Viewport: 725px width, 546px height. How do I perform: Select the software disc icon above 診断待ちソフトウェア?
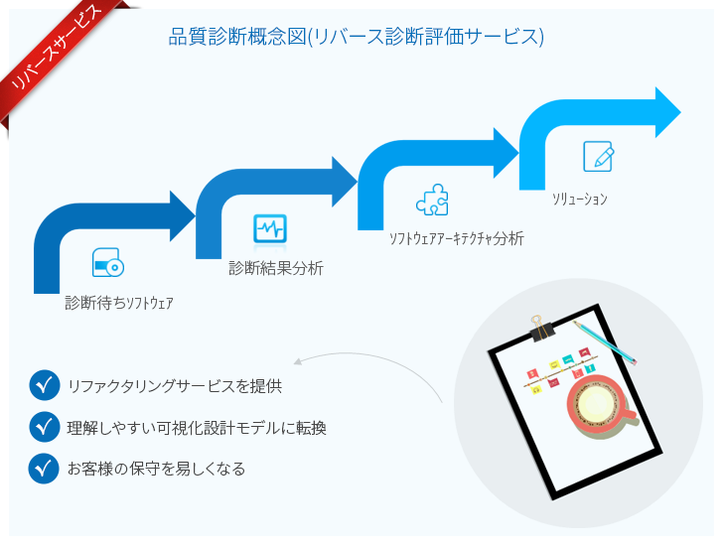click(107, 262)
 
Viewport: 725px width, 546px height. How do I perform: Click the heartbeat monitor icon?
click(270, 228)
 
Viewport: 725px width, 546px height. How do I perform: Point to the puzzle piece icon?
click(432, 200)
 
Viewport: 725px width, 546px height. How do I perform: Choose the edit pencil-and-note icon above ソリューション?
click(598, 156)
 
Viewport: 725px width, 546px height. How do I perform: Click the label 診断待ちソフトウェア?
click(119, 303)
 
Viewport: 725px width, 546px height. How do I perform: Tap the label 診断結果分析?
click(276, 268)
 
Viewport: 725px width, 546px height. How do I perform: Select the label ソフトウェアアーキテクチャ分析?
click(457, 238)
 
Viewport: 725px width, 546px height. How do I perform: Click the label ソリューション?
click(580, 199)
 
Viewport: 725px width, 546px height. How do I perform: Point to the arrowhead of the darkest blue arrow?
click(183, 215)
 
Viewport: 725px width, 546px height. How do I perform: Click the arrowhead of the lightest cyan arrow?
click(668, 112)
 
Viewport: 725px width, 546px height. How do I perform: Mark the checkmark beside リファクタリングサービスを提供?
click(45, 385)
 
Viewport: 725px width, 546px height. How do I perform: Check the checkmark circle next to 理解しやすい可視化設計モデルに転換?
click(45, 426)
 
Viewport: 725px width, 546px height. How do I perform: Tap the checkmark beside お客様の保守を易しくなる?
click(44, 469)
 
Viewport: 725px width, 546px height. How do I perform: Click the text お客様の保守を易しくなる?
click(156, 469)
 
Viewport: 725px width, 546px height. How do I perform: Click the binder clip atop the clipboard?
click(542, 329)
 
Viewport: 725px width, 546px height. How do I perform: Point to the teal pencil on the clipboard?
click(605, 342)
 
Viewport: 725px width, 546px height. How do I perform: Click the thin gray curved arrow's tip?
click(295, 362)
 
